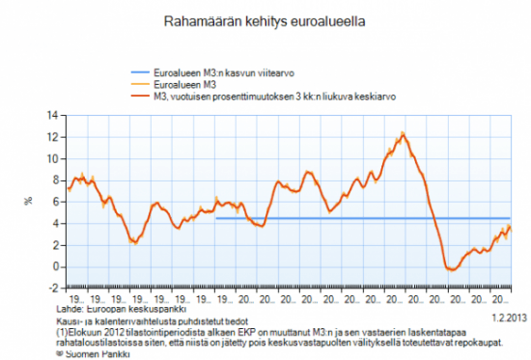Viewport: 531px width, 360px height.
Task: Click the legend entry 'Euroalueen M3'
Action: [187, 85]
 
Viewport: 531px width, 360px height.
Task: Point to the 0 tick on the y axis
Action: [56, 266]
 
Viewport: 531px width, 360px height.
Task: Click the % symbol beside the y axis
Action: [28, 202]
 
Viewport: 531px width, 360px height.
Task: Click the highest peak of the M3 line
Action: [403, 133]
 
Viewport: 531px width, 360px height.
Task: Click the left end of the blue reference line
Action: [215, 218]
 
